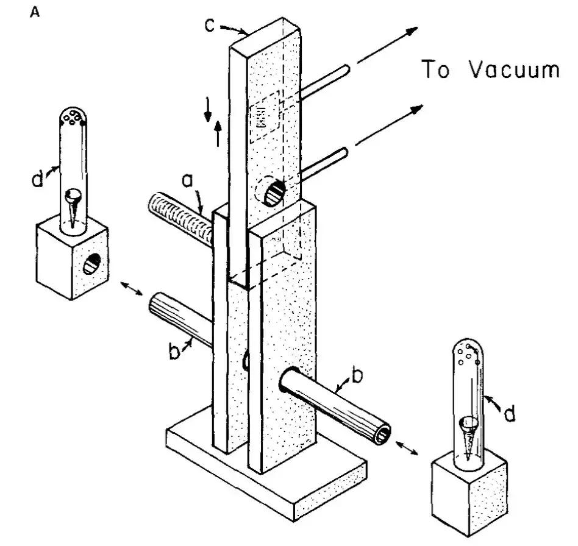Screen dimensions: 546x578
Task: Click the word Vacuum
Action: pos(513,70)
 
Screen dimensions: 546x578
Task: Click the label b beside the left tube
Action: pos(176,352)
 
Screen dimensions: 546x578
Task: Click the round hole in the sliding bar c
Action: pos(271,193)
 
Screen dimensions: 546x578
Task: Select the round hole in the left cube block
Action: pos(93,263)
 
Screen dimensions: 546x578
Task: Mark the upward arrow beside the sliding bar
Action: pos(218,133)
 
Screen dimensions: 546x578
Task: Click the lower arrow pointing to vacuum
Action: pos(390,125)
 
